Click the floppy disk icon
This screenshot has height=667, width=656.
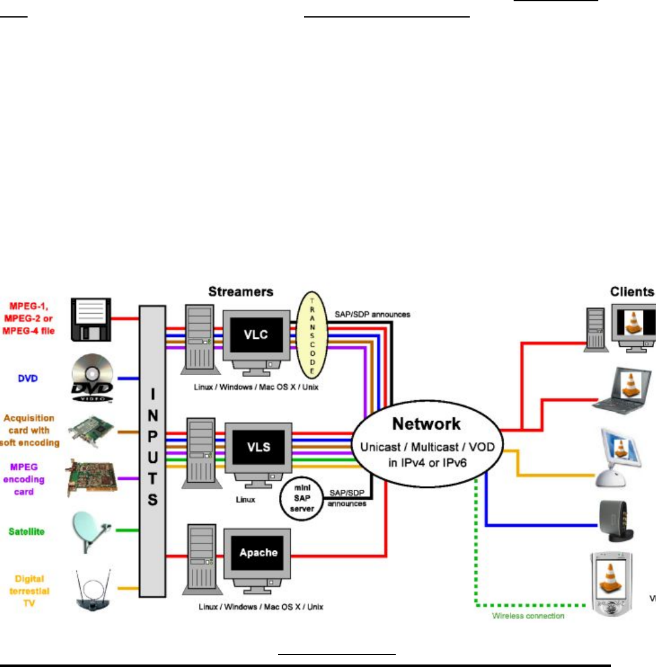[92, 319]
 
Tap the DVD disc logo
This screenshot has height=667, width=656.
[92, 378]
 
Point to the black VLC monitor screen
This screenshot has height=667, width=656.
[256, 334]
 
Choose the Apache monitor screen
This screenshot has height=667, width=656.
[258, 552]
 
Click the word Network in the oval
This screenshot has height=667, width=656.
[426, 424]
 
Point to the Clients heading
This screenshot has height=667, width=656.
[632, 291]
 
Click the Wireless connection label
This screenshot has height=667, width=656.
[527, 616]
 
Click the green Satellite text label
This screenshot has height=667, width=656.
[26, 532]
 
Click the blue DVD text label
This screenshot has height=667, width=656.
[26, 378]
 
